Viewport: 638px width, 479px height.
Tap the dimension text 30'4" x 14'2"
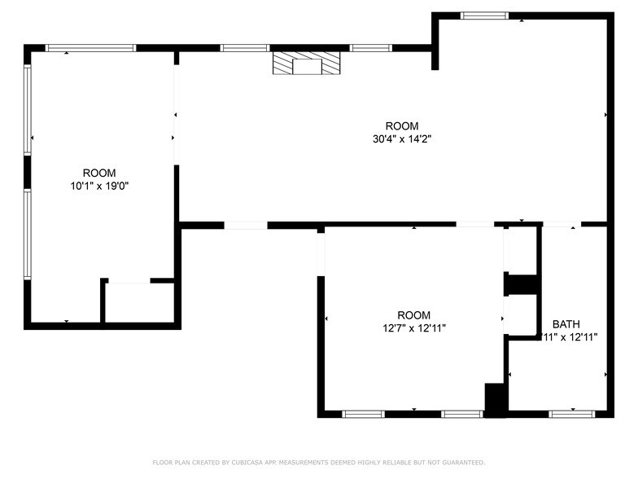[x=402, y=138]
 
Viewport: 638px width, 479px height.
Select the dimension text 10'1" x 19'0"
[x=99, y=186]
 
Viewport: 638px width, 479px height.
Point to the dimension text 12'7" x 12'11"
[x=414, y=328]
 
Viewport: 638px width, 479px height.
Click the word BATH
[x=566, y=323]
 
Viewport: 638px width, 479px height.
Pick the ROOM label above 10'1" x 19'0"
[x=99, y=173]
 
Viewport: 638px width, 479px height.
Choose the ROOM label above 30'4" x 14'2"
[x=402, y=125]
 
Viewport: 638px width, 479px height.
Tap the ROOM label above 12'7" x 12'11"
[x=414, y=315]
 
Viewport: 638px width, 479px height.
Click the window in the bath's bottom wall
[x=572, y=414]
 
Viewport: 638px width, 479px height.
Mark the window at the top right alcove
[x=484, y=15]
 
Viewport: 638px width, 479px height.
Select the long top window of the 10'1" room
[x=90, y=48]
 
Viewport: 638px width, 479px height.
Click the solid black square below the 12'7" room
[x=495, y=398]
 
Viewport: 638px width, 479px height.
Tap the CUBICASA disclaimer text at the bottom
[x=319, y=463]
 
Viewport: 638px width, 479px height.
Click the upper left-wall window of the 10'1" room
[x=28, y=110]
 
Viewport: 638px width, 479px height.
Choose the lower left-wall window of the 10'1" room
[x=28, y=235]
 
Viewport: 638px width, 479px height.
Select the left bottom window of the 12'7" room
[x=363, y=414]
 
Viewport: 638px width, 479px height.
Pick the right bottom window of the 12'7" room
[x=462, y=414]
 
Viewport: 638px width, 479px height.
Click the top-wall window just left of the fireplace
[x=245, y=48]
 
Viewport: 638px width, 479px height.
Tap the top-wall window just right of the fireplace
[x=371, y=48]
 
